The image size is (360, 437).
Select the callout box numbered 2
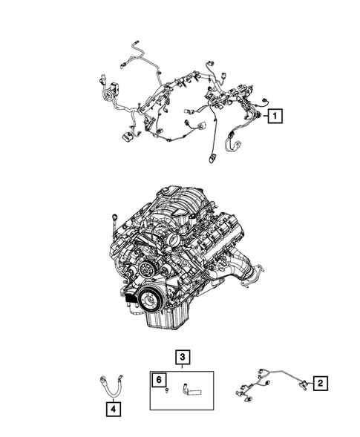(x=320, y=383)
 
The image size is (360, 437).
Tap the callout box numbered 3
(x=182, y=357)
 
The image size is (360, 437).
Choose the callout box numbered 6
(x=158, y=380)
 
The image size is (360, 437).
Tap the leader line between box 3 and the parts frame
(x=182, y=367)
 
